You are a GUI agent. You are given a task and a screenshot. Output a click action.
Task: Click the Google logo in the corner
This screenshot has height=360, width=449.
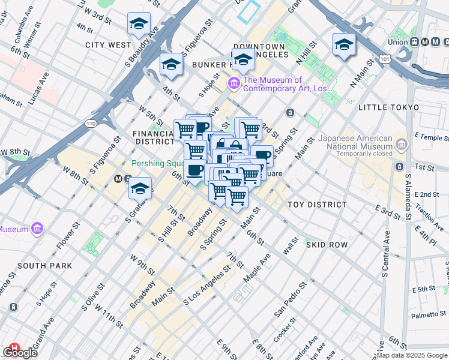(20, 353)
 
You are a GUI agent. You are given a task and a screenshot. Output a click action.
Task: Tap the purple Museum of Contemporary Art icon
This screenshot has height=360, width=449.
(234, 83)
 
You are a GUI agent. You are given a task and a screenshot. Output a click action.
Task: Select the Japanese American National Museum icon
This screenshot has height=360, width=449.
(401, 144)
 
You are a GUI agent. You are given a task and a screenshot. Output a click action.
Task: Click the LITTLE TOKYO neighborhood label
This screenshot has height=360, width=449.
(388, 107)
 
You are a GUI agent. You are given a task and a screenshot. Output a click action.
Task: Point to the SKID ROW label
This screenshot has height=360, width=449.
(327, 245)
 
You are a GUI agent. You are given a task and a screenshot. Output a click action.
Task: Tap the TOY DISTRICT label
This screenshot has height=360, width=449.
(317, 205)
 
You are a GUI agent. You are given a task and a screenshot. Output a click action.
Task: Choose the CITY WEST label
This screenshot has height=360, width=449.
(108, 45)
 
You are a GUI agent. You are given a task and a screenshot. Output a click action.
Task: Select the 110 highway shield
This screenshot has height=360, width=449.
(90, 124)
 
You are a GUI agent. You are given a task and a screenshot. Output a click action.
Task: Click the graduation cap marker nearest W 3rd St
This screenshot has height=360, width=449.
(139, 25)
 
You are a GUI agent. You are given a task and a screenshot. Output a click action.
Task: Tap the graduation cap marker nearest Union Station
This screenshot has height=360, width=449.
(344, 45)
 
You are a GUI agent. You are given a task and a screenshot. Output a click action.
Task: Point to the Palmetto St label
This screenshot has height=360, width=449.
(428, 315)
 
